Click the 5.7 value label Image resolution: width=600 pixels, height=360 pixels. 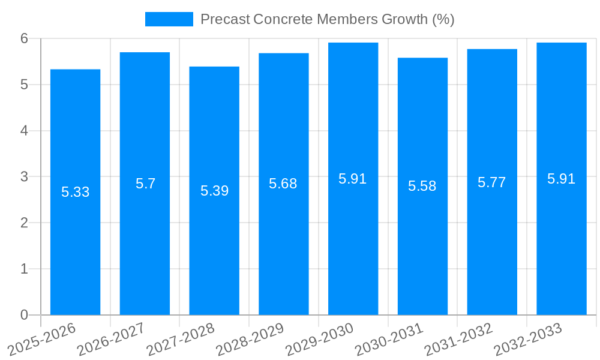145,184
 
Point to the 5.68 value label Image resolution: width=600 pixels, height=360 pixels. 283,184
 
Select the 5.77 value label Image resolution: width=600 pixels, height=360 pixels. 491,182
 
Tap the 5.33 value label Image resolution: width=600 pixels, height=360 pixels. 75,192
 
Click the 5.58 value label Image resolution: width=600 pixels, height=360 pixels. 422,186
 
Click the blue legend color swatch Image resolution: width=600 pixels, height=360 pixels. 169,19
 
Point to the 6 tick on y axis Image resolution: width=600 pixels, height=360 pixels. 24,38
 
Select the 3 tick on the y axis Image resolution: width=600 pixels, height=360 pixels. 24,176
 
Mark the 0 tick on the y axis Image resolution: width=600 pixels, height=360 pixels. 24,314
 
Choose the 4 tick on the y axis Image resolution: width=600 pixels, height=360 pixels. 24,130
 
